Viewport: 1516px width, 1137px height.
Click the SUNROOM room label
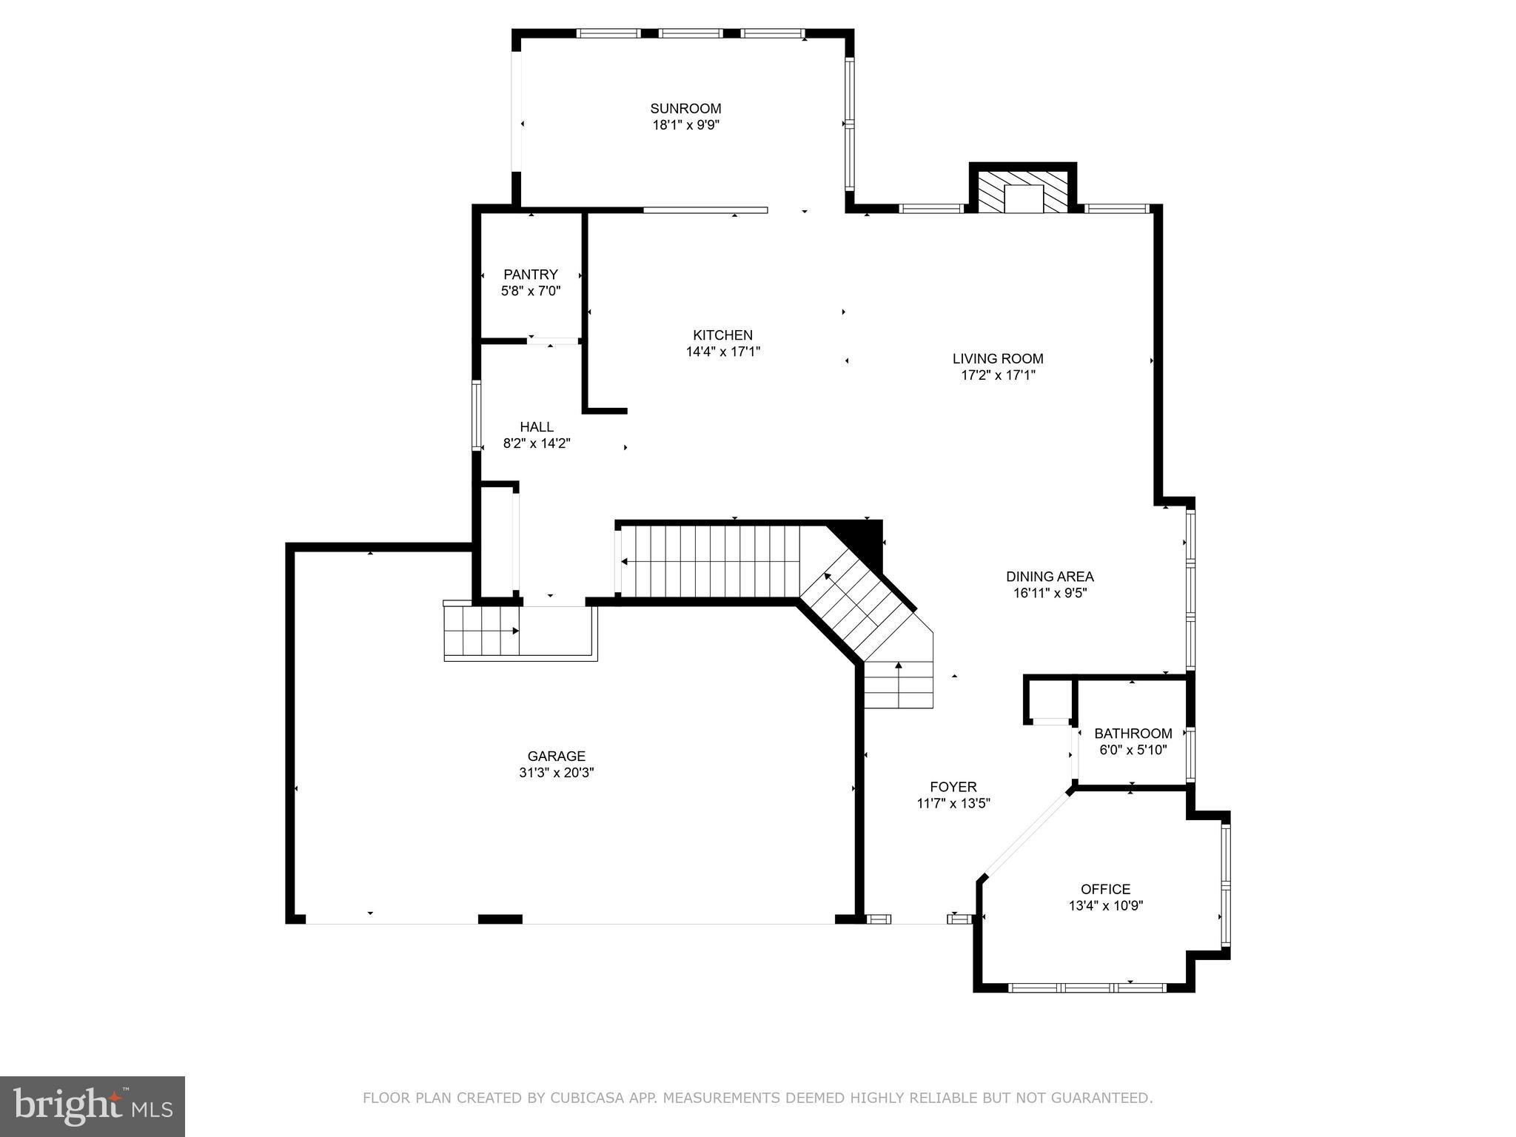pos(685,109)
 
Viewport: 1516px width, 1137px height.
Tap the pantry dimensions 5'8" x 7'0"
pos(531,292)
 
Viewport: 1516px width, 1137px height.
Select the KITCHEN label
pos(722,335)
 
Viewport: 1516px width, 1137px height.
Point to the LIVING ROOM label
pos(998,359)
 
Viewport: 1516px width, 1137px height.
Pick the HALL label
pos(537,427)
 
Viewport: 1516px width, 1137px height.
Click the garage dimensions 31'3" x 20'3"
pos(557,773)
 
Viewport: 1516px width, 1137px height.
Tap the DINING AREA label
pos(1050,577)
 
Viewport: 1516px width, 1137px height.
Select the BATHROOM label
pos(1133,734)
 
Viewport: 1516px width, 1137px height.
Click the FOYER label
pos(953,787)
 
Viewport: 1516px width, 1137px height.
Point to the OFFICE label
pos(1105,889)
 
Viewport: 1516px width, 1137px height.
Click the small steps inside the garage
pos(481,631)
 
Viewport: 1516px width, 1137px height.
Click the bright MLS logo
pos(93,1106)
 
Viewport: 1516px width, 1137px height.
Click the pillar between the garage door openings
pos(500,919)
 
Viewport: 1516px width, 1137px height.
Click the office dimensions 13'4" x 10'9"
pos(1105,906)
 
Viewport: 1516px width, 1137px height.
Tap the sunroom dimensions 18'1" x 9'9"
pos(685,126)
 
